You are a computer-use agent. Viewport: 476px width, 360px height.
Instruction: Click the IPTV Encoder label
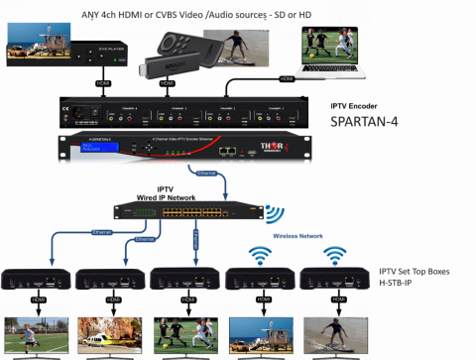coord(353,105)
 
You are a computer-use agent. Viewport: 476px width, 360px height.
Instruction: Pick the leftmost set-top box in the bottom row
coord(35,279)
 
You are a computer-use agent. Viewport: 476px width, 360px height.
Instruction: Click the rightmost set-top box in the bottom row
coord(334,279)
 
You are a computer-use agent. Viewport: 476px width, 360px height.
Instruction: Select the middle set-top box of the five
coord(185,279)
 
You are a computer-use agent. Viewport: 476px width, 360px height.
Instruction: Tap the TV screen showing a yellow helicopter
coord(110,335)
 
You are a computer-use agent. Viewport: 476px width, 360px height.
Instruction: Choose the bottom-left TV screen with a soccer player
coord(36,335)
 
